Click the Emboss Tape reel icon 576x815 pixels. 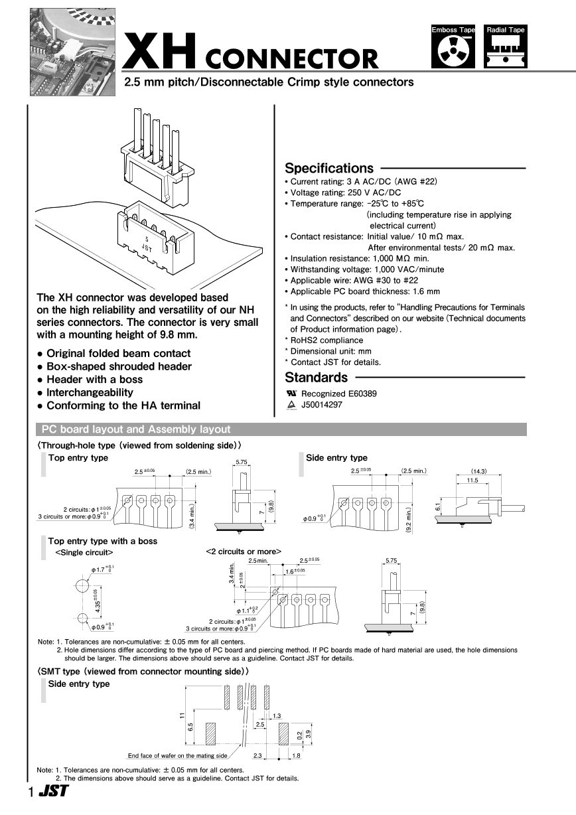[x=453, y=52]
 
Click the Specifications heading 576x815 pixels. [x=329, y=168]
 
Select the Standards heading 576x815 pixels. [x=316, y=378]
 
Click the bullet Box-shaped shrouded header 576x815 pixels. [x=119, y=366]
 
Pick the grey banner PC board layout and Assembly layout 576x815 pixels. [x=136, y=429]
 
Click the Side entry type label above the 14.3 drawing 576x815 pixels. [x=336, y=458]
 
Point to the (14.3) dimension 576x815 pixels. [x=478, y=471]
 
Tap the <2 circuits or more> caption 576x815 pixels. [x=244, y=552]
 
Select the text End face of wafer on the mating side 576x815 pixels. [x=177, y=755]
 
